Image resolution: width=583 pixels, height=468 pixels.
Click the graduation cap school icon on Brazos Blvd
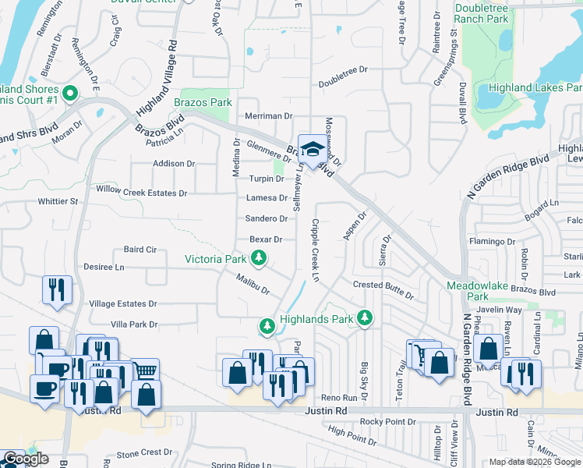pos(313,149)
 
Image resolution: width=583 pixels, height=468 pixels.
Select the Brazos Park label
pos(203,102)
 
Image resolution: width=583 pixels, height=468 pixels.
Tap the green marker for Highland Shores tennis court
pos(70,94)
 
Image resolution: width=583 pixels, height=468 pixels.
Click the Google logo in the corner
pos(26,459)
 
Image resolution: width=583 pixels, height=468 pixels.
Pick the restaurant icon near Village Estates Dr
pos(56,289)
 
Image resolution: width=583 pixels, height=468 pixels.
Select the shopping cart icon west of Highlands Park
pos(144,370)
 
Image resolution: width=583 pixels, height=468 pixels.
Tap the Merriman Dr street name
pos(268,115)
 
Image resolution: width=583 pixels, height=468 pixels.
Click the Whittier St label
pos(58,201)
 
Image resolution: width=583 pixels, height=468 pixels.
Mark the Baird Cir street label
pos(140,250)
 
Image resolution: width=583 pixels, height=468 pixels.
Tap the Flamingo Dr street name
pos(493,242)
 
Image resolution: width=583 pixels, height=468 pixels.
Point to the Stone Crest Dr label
pos(144,453)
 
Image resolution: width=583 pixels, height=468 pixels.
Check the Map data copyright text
pos(535,462)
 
